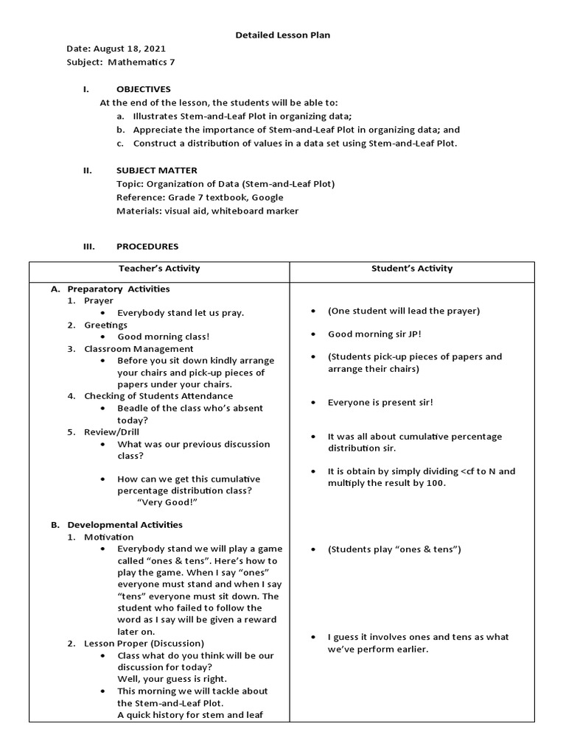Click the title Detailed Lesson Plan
(x=277, y=35)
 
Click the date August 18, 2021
(x=125, y=49)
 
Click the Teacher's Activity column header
(x=159, y=269)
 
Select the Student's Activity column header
(x=413, y=269)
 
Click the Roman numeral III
(x=88, y=246)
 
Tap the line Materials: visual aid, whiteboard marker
(x=207, y=211)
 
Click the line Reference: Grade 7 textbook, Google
(x=200, y=197)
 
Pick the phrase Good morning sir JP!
(x=374, y=334)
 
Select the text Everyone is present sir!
(x=381, y=403)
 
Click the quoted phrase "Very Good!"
(x=168, y=502)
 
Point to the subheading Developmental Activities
(x=125, y=525)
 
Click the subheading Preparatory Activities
(x=119, y=289)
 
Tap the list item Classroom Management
(x=139, y=348)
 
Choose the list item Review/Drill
(x=111, y=432)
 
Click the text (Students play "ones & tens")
(x=394, y=549)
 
